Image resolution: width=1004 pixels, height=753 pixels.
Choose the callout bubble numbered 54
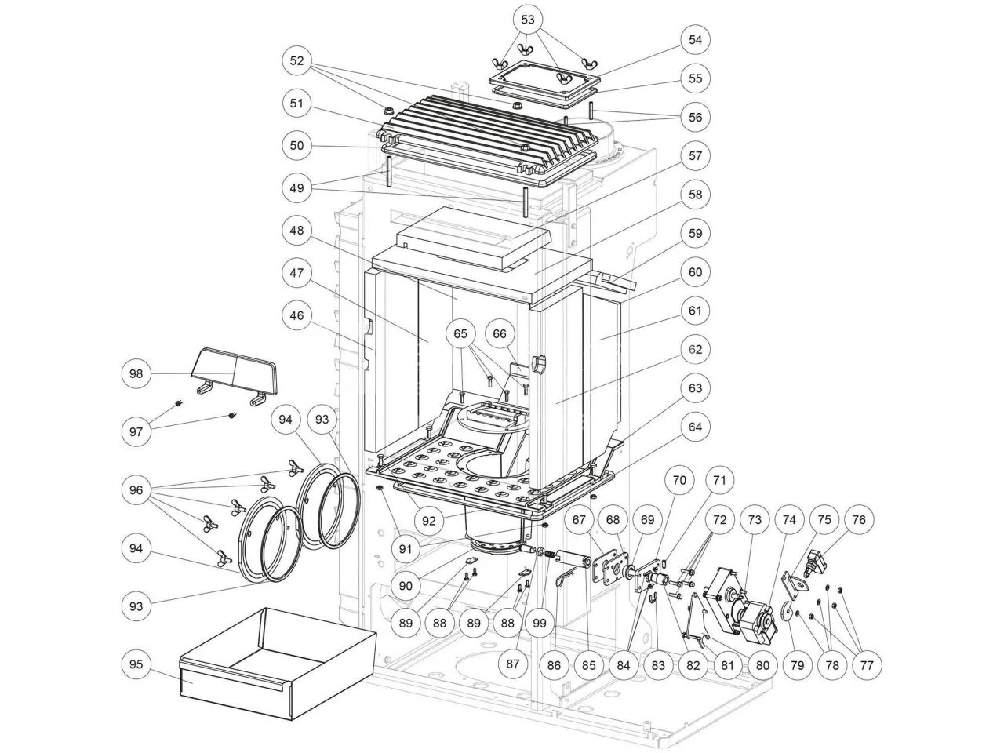click(x=695, y=39)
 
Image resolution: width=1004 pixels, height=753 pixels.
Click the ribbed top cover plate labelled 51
click(x=486, y=133)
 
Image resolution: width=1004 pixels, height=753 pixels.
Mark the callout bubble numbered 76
click(x=859, y=519)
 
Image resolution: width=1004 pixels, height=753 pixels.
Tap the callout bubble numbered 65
click(x=460, y=333)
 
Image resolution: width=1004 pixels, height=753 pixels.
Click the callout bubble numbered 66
click(x=500, y=333)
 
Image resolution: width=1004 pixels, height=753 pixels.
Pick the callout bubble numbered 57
click(x=695, y=155)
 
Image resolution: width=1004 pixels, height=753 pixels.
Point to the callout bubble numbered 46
click(x=296, y=316)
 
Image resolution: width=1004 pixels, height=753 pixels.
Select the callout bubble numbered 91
click(x=405, y=549)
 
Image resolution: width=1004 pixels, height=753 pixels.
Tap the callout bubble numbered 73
click(x=754, y=519)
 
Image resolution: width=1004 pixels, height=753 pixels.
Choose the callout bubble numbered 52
click(x=296, y=60)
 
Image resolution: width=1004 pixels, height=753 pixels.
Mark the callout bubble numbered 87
click(x=512, y=664)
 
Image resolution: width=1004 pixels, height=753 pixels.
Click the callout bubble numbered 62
click(x=695, y=349)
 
